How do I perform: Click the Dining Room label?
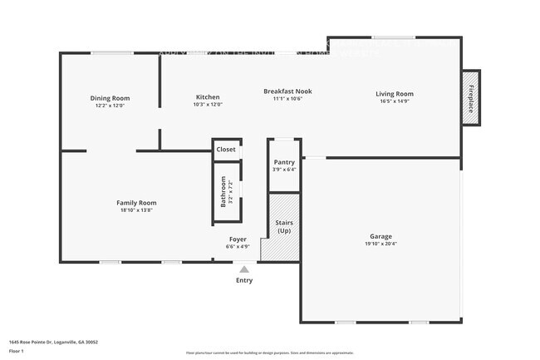pyautogui.click(x=110, y=98)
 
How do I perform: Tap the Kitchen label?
pyautogui.click(x=207, y=97)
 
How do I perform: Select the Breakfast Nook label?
pyautogui.click(x=287, y=91)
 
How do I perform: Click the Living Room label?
pyautogui.click(x=394, y=94)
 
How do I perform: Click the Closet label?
pyautogui.click(x=226, y=150)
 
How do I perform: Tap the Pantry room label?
pyautogui.click(x=284, y=163)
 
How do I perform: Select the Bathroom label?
pyautogui.click(x=223, y=191)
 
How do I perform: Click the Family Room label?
pyautogui.click(x=136, y=203)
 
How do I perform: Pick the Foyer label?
pyautogui.click(x=238, y=239)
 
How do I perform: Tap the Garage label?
pyautogui.click(x=380, y=236)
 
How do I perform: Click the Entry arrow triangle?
pyautogui.click(x=243, y=269)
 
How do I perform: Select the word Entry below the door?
pyautogui.click(x=243, y=280)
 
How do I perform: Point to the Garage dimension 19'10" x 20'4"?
pyautogui.click(x=380, y=244)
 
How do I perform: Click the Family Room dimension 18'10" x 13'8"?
pyautogui.click(x=136, y=210)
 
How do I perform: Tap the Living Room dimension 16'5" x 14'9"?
pyautogui.click(x=394, y=102)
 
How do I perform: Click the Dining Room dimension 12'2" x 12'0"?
pyautogui.click(x=110, y=106)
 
